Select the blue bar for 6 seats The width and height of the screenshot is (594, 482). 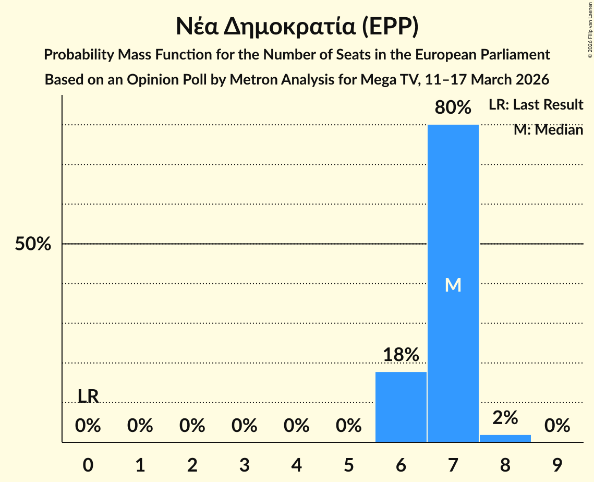[401, 407]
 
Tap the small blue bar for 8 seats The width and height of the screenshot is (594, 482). [505, 438]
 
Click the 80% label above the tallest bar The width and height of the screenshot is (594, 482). [453, 108]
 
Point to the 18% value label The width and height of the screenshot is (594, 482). [401, 355]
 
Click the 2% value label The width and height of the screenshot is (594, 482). [505, 418]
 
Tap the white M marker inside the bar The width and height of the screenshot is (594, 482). [453, 285]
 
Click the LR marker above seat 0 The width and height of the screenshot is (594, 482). [88, 396]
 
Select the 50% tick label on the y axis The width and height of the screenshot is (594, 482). [33, 244]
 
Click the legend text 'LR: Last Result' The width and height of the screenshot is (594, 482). [536, 105]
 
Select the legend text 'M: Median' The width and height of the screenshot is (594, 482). [548, 130]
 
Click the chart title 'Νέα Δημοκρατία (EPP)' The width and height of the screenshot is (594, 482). [297, 27]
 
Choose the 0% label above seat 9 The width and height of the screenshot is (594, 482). [557, 426]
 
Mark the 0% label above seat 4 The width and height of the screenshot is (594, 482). [296, 426]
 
